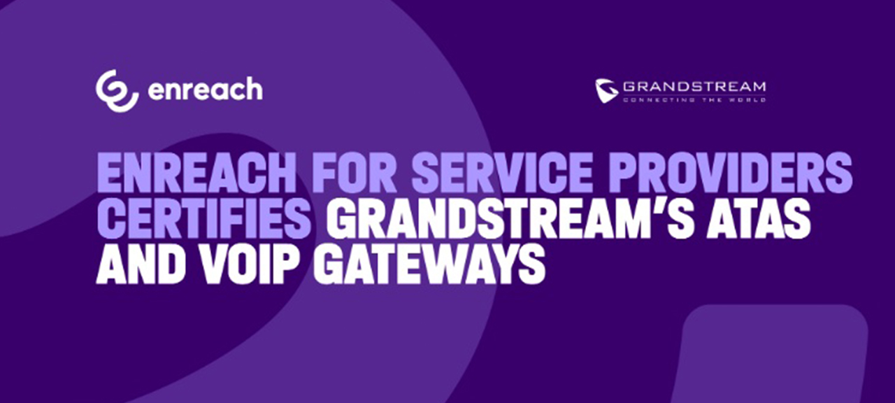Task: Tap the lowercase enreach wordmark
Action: (x=206, y=90)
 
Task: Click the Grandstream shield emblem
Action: (x=606, y=91)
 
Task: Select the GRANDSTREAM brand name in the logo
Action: (x=694, y=87)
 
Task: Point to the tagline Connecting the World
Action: (x=694, y=100)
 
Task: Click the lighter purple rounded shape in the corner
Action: (x=776, y=357)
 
